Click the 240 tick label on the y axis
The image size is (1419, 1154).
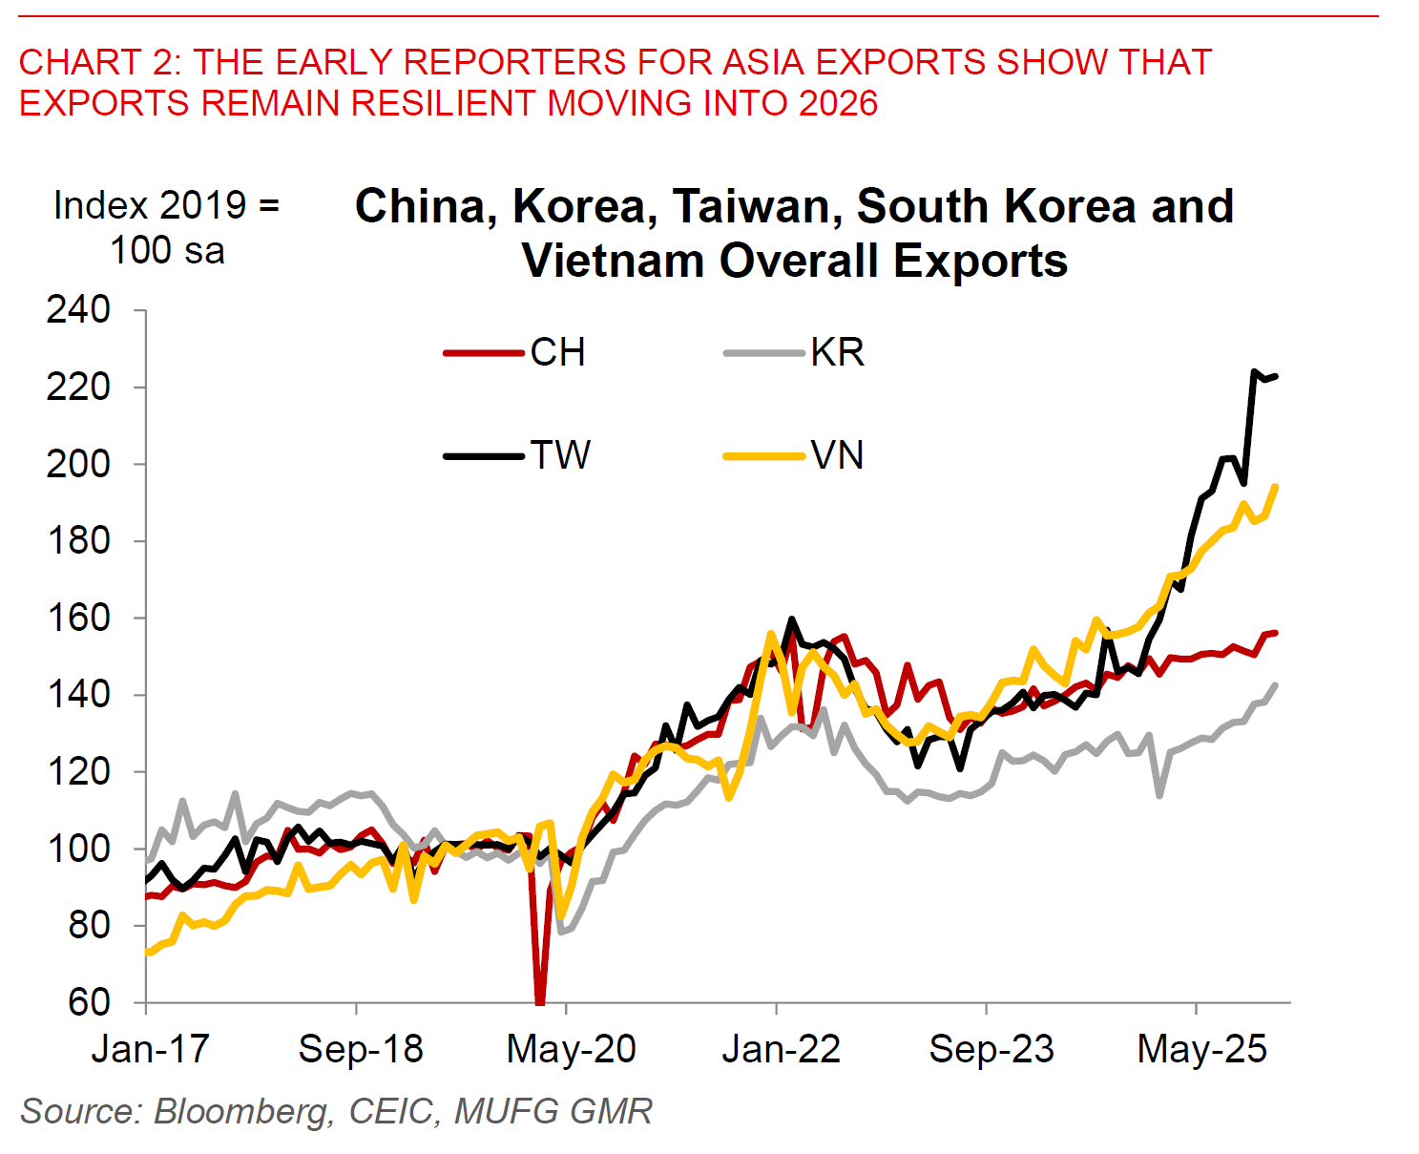click(x=78, y=310)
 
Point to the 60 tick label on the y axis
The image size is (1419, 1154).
click(x=89, y=1002)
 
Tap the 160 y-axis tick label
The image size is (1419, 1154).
click(x=78, y=618)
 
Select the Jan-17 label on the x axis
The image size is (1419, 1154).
click(x=150, y=1049)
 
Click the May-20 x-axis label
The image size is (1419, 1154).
click(x=571, y=1049)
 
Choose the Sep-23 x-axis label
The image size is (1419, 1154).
click(x=991, y=1049)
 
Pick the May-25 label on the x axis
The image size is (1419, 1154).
click(x=1201, y=1049)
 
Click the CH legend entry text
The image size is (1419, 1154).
click(x=557, y=353)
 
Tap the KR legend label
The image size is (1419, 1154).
click(x=837, y=353)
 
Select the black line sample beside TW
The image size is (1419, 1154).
click(x=484, y=456)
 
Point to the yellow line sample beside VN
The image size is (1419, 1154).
click(x=763, y=456)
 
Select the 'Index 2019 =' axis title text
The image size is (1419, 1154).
click(x=166, y=205)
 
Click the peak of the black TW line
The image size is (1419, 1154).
click(x=1254, y=371)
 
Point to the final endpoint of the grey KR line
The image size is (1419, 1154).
click(x=1276, y=684)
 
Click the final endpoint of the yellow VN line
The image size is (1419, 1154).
click(x=1276, y=487)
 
